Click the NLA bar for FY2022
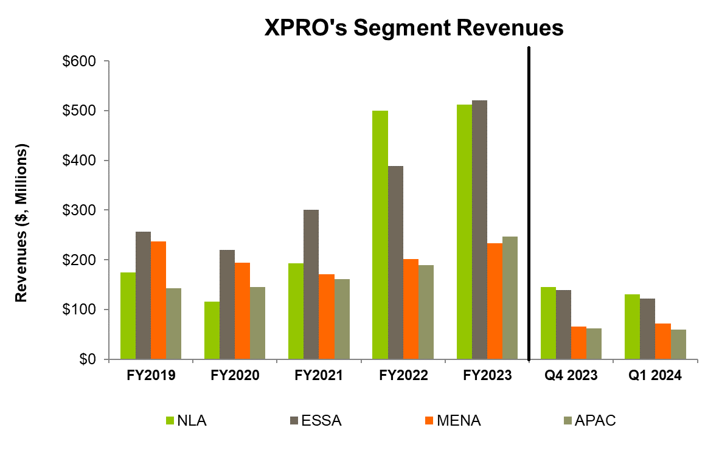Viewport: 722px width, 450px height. point(380,235)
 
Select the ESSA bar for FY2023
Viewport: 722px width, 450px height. point(479,230)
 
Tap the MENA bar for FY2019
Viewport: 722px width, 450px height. point(158,300)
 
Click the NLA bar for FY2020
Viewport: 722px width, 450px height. point(212,330)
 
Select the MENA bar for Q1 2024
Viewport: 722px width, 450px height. point(663,341)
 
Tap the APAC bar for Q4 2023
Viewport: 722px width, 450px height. point(594,344)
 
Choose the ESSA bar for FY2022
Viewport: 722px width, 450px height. point(395,262)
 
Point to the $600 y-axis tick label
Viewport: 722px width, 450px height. point(80,61)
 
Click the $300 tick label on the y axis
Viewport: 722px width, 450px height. point(80,210)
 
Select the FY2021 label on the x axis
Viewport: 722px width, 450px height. point(319,376)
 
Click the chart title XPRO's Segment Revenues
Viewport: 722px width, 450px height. point(414,29)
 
